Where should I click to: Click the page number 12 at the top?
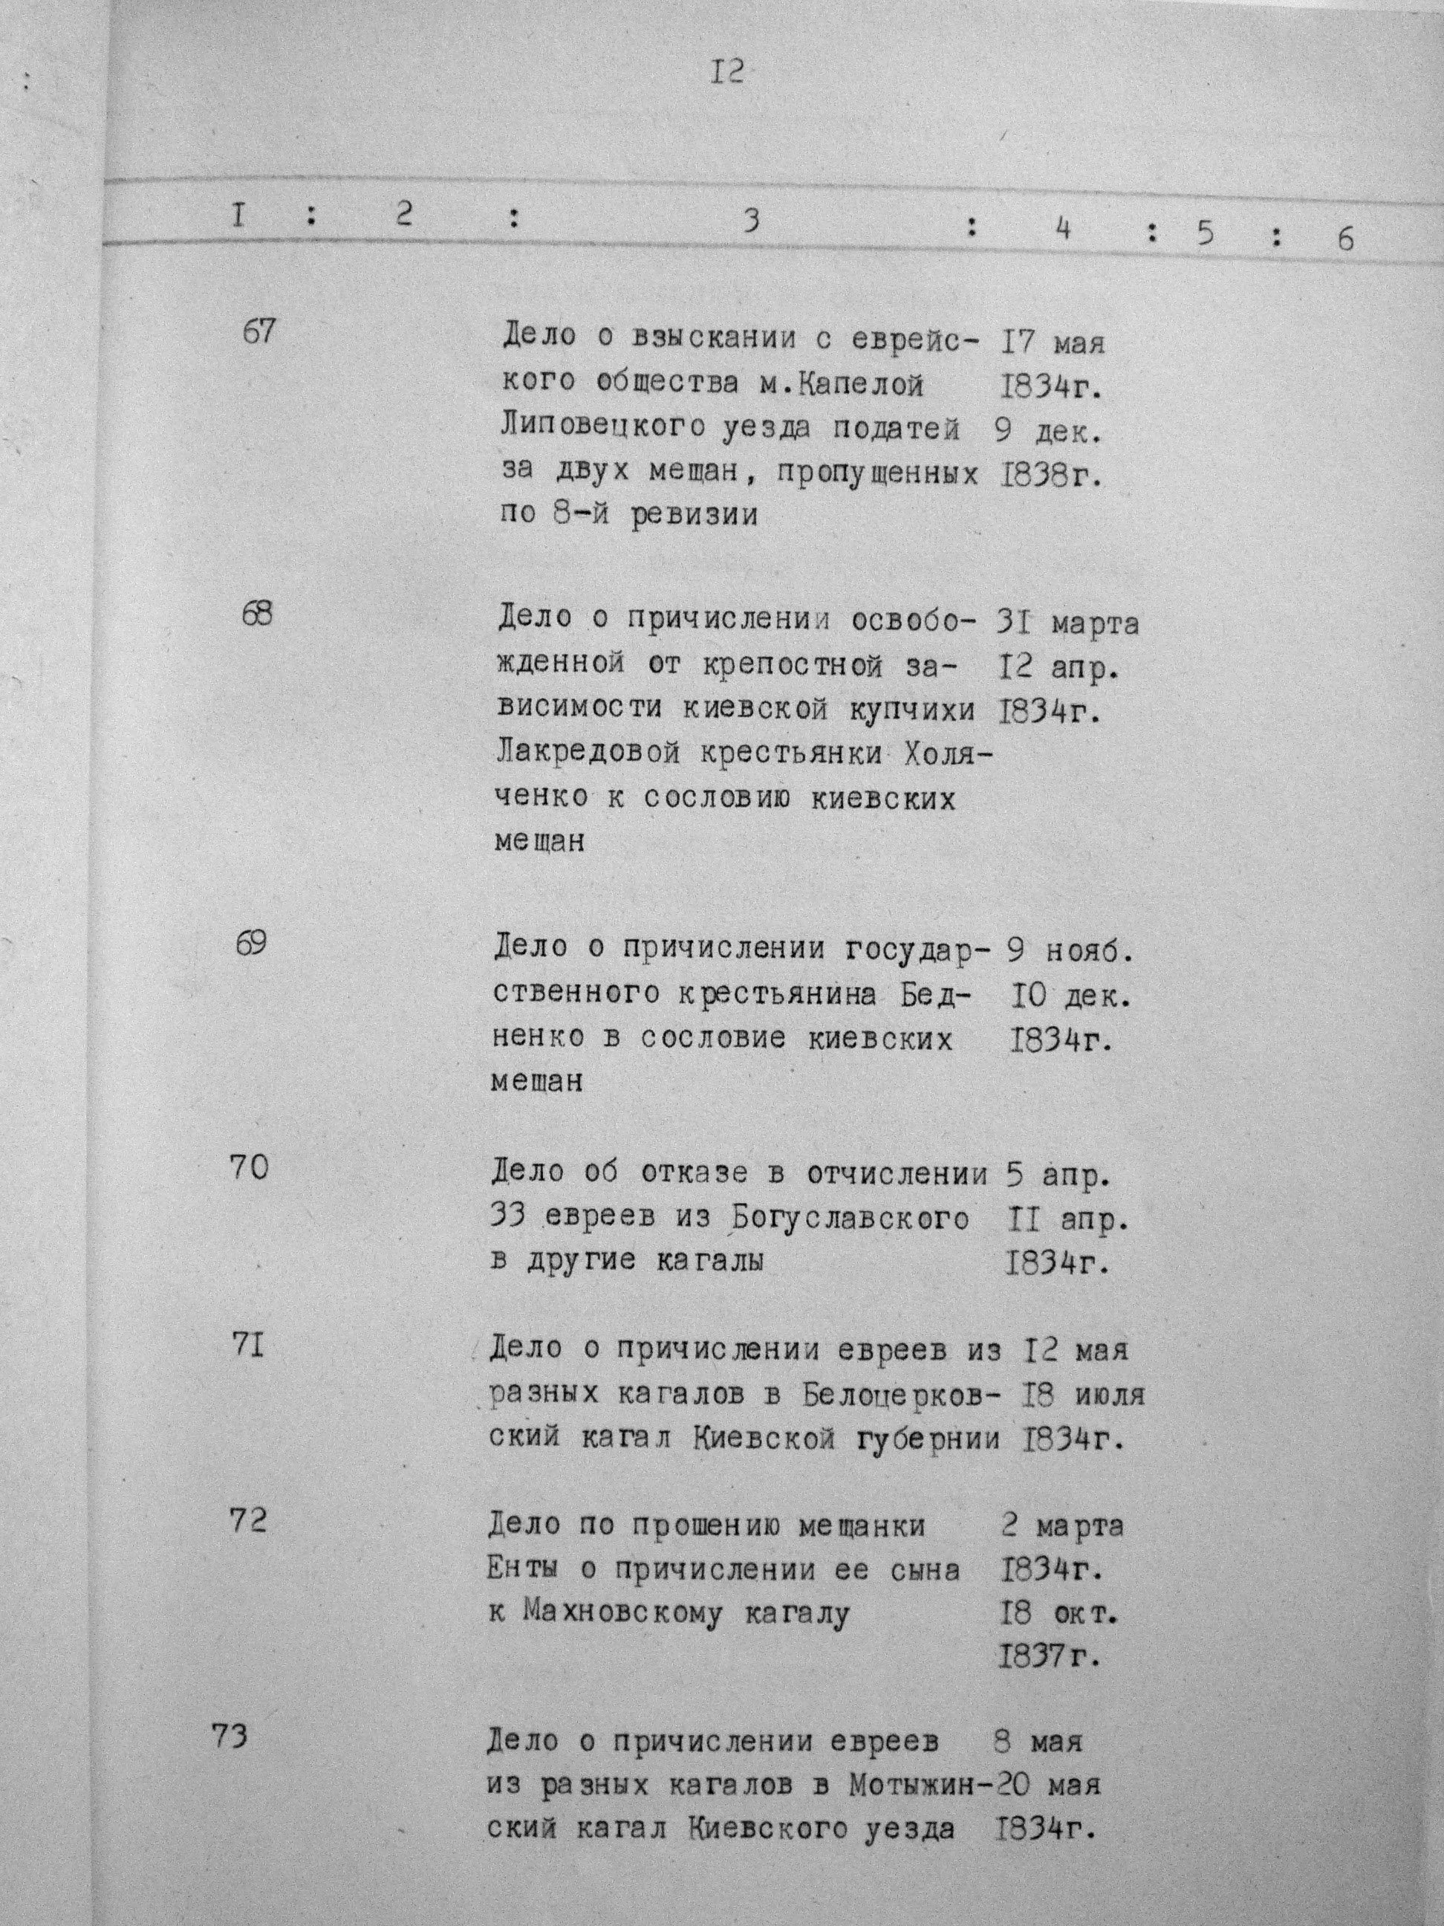click(726, 72)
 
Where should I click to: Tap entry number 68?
click(257, 614)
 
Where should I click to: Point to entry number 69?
click(252, 944)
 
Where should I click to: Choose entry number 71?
click(248, 1346)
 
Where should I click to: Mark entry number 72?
click(247, 1520)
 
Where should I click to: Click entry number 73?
click(230, 1737)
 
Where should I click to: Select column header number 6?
click(1344, 239)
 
